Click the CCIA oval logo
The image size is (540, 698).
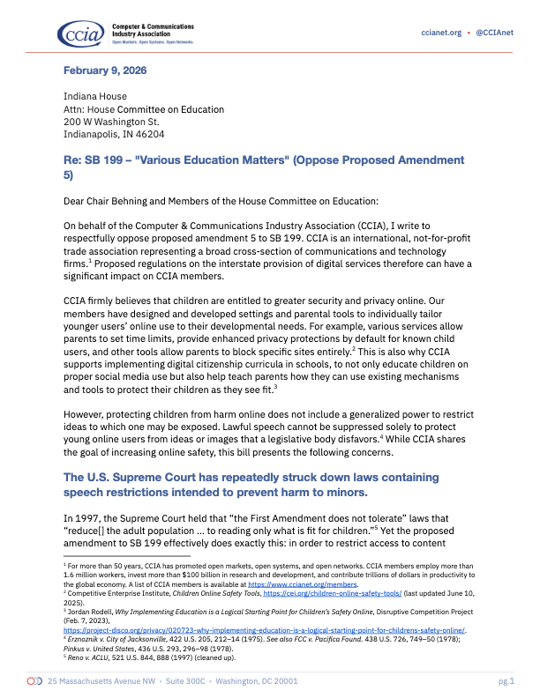pyautogui.click(x=80, y=33)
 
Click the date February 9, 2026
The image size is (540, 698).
pyautogui.click(x=105, y=70)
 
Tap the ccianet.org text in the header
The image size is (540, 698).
pyautogui.click(x=441, y=33)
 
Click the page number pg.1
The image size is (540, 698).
pyautogui.click(x=506, y=680)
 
